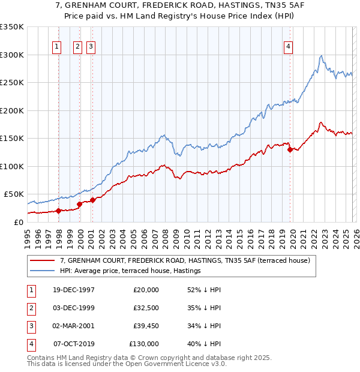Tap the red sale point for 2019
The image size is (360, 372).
point(290,150)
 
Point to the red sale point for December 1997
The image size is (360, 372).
point(59,211)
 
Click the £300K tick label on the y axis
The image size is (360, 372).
point(12,55)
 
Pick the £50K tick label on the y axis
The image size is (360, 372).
point(14,194)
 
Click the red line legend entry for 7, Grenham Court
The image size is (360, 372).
point(185,260)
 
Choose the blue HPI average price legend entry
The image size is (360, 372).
point(130,271)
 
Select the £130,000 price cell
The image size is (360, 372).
point(144,344)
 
